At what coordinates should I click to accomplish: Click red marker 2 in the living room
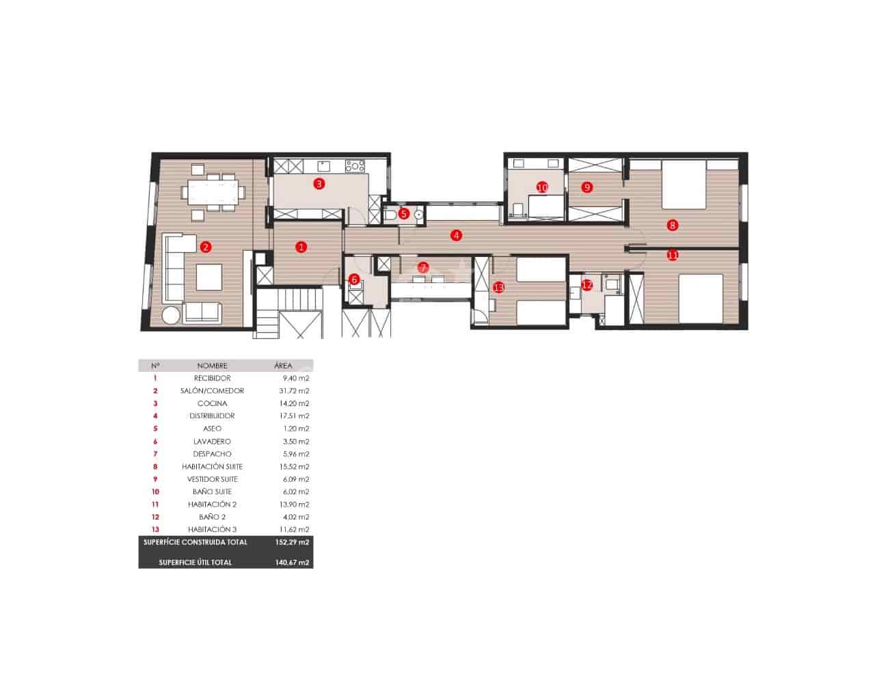(x=205, y=247)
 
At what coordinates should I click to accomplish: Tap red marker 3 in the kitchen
(x=319, y=183)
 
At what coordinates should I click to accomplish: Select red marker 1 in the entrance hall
(x=301, y=247)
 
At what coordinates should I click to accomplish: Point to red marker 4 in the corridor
(x=456, y=235)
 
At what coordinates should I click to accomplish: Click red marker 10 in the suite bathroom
(x=542, y=187)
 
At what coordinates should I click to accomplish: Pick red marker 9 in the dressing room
(x=587, y=187)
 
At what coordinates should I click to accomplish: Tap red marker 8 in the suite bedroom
(x=673, y=224)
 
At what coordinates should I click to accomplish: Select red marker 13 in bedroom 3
(x=498, y=288)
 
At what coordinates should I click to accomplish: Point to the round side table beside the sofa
(x=171, y=316)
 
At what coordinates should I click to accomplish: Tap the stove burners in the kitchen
(x=355, y=165)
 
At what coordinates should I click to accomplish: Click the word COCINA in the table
(x=212, y=403)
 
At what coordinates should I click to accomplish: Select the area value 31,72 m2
(x=296, y=391)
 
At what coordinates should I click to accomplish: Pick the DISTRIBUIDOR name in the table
(x=212, y=416)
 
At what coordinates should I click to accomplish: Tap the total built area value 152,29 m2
(x=295, y=542)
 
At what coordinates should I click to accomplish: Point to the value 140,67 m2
(x=295, y=563)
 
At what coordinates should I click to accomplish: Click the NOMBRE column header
(x=212, y=366)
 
